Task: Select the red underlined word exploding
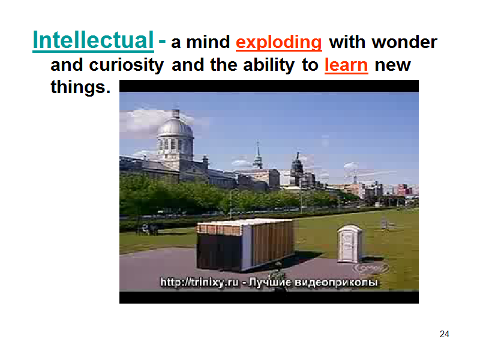(x=278, y=42)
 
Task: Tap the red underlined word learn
(x=346, y=65)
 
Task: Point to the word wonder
(x=404, y=41)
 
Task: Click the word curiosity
(x=127, y=65)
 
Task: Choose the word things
(x=80, y=87)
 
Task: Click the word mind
(x=208, y=41)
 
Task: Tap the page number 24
(x=444, y=334)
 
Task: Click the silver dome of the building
(x=175, y=128)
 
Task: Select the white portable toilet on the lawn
(x=350, y=244)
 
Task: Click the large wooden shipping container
(x=245, y=245)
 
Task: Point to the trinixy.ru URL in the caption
(x=199, y=282)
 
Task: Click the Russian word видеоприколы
(x=336, y=282)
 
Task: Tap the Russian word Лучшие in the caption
(x=269, y=282)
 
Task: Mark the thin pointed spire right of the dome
(x=258, y=155)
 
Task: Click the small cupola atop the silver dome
(x=175, y=113)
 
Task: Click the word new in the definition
(x=393, y=65)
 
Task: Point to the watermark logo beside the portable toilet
(x=370, y=268)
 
